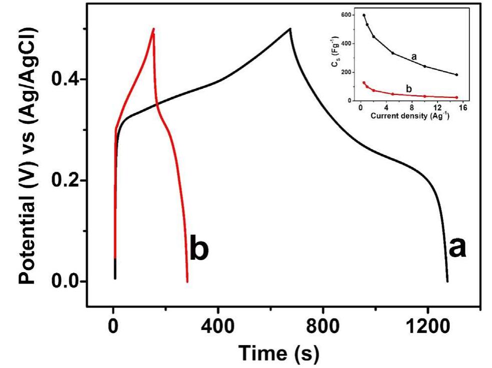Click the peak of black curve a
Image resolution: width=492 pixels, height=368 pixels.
[x=290, y=29]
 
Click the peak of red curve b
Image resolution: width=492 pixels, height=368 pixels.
[x=153, y=29]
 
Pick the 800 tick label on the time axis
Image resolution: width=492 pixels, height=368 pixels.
[x=323, y=328]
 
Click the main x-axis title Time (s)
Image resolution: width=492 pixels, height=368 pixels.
[x=277, y=353]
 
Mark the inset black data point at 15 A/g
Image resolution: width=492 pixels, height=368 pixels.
[x=457, y=75]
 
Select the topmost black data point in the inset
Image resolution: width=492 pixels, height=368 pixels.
[x=364, y=15]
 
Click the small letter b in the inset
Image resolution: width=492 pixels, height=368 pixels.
[x=409, y=88]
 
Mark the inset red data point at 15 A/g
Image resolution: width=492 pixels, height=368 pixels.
[x=457, y=97]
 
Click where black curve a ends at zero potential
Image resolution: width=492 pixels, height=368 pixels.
[x=447, y=281]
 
